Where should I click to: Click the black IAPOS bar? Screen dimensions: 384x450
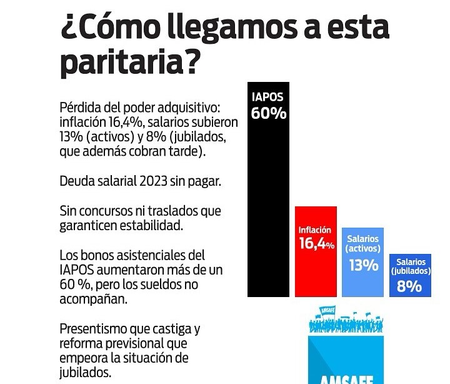[269, 206]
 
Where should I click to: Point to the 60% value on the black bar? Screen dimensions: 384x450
[269, 114]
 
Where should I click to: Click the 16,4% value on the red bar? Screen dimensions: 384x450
[316, 244]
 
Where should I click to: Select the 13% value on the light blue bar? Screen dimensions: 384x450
[363, 265]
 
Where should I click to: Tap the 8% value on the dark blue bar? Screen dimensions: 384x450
[410, 287]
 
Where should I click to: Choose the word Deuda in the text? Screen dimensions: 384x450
[76, 181]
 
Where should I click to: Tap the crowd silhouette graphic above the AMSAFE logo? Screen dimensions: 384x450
[346, 322]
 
